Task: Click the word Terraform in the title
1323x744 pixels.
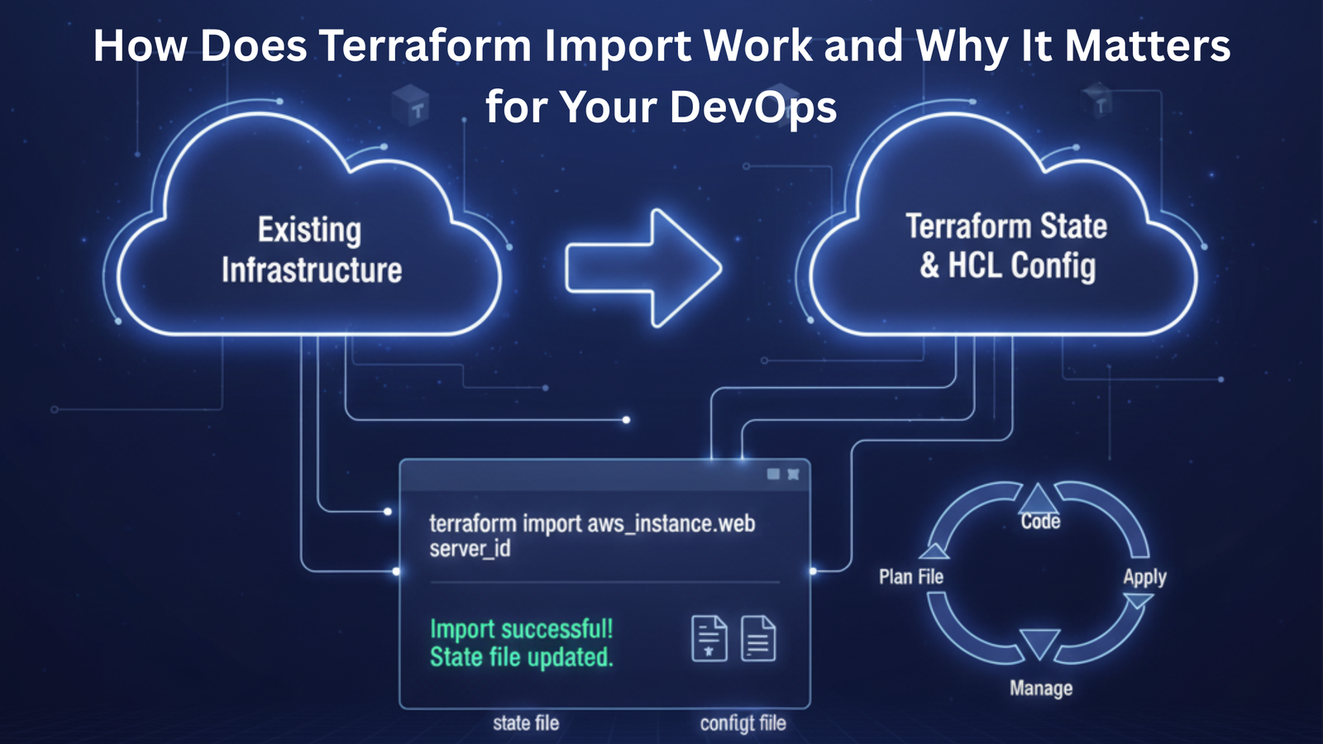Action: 425,45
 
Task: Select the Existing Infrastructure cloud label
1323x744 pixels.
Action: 311,250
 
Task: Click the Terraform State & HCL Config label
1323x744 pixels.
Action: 1007,246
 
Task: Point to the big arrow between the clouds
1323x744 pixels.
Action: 643,268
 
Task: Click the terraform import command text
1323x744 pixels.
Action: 591,535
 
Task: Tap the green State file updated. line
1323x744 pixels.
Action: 521,657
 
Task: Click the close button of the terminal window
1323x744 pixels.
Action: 793,475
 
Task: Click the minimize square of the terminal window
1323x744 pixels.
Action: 773,475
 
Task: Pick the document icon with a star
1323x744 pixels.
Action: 709,639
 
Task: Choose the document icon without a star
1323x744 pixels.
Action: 758,639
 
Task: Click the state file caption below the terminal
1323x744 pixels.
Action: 526,723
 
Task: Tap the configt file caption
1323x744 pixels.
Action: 743,723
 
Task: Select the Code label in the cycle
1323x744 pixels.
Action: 1040,521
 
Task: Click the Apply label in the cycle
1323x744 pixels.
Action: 1144,577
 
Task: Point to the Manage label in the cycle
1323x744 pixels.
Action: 1041,688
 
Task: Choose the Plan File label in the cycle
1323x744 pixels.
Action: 910,576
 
